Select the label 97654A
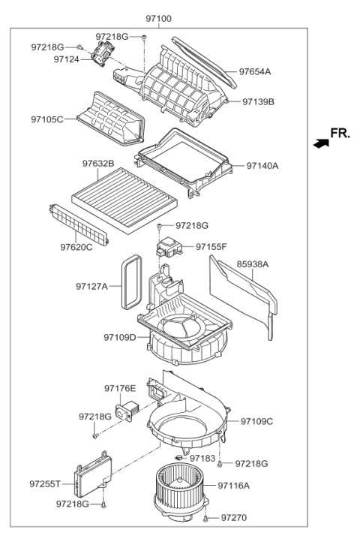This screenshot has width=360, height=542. (x=255, y=72)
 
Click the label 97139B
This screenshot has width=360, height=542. (x=259, y=101)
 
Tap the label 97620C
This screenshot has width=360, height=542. (x=76, y=246)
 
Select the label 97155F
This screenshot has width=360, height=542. (x=211, y=246)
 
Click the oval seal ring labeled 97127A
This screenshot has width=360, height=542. (x=130, y=282)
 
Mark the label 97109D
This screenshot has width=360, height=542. (x=120, y=338)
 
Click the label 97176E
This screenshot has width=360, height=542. (x=120, y=388)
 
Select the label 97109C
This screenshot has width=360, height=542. (x=256, y=421)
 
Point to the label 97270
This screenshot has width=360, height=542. (x=232, y=518)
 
